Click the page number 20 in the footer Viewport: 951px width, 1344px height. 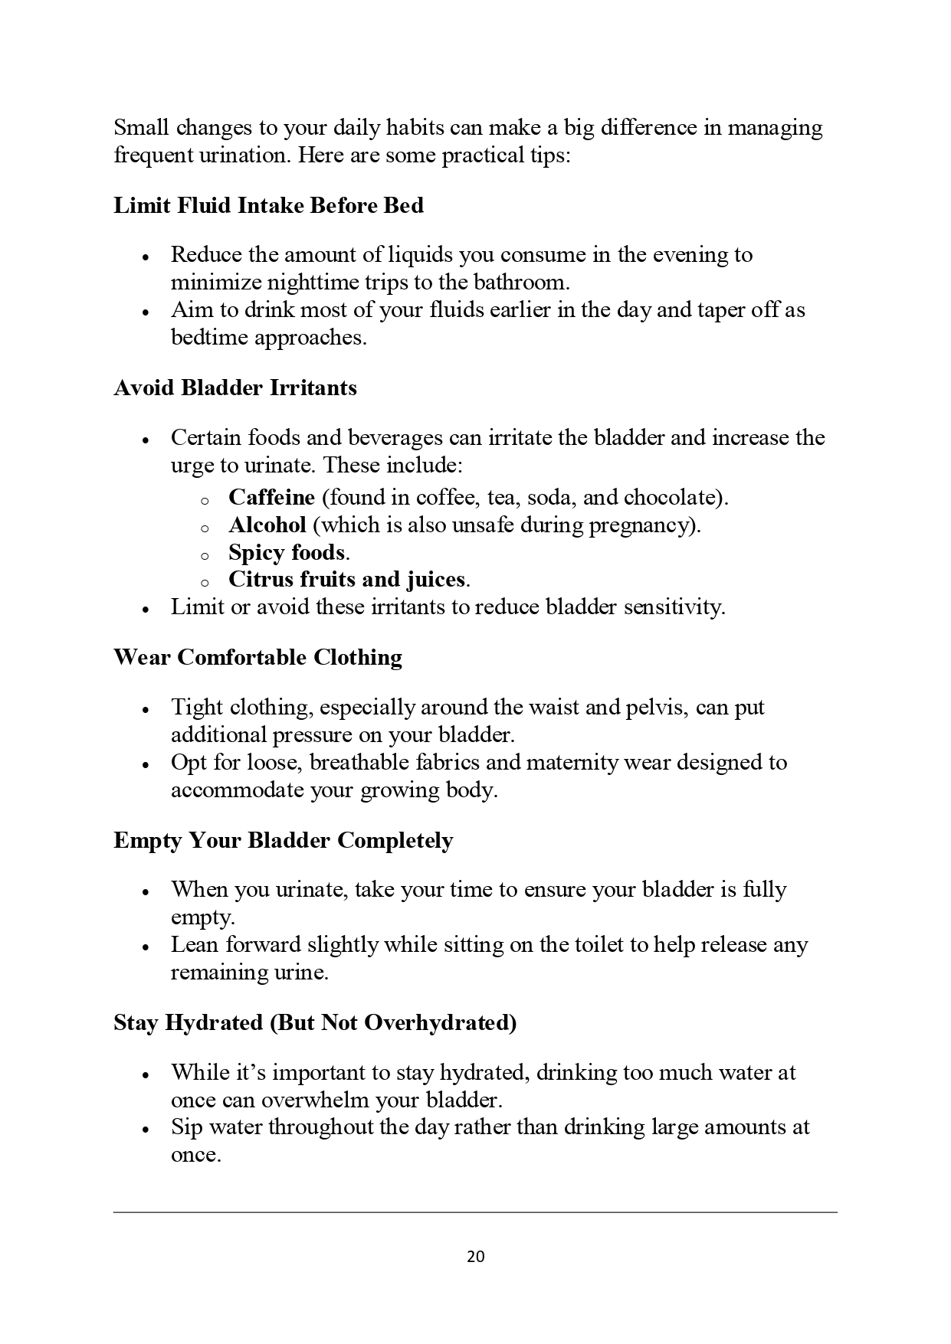[475, 1257]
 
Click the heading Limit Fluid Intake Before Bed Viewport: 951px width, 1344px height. [268, 205]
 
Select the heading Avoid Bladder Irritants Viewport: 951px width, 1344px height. [235, 388]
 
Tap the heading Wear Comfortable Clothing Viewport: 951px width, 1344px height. [257, 657]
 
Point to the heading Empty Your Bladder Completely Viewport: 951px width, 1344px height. [283, 840]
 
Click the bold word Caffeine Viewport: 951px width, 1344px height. [271, 498]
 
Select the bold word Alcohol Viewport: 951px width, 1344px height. [267, 525]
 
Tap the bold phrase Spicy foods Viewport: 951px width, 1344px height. [287, 552]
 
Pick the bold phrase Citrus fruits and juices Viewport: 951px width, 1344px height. [346, 579]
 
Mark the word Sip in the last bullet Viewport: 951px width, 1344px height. [186, 1127]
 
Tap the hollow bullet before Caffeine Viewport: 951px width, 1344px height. [205, 501]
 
